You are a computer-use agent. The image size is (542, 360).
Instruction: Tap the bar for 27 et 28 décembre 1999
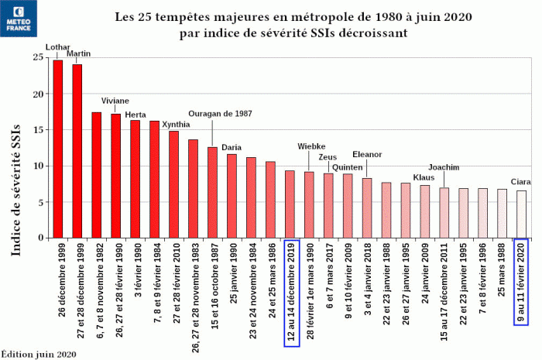[77, 151]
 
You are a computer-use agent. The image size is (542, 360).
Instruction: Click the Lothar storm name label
[58, 47]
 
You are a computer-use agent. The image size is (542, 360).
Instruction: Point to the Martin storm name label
[79, 54]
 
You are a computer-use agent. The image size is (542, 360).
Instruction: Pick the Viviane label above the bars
[115, 101]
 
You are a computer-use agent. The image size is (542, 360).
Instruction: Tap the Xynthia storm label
[176, 124]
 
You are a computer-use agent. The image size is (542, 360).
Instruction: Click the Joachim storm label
[444, 167]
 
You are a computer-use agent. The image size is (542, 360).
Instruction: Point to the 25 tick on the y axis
[36, 57]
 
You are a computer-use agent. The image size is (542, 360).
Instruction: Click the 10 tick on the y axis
[36, 166]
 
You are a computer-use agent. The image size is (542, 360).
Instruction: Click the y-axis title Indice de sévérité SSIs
[15, 178]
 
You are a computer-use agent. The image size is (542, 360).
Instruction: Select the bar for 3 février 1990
[135, 179]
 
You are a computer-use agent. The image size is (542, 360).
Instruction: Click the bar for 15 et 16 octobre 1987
[212, 192]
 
